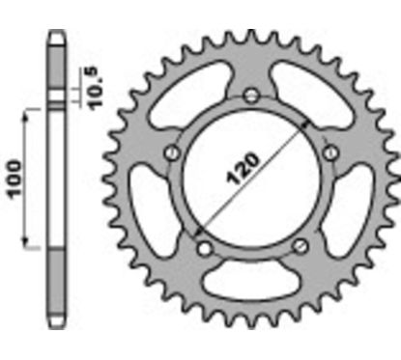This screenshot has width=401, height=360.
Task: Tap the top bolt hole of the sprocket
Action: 250,96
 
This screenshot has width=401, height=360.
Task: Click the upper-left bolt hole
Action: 172,152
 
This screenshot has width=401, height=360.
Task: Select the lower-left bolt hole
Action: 202,246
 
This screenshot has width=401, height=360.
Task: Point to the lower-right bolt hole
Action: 299,246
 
